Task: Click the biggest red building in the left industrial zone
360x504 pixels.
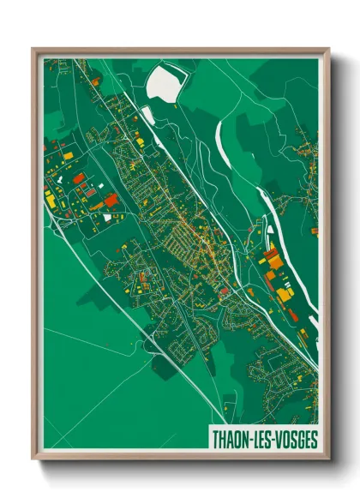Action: tap(111, 200)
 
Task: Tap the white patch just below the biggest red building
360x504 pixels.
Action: tap(107, 218)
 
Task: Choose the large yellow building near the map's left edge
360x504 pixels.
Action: tap(51, 200)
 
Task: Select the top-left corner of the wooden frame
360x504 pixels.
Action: tap(33, 49)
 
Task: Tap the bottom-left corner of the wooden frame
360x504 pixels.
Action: tap(33, 459)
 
